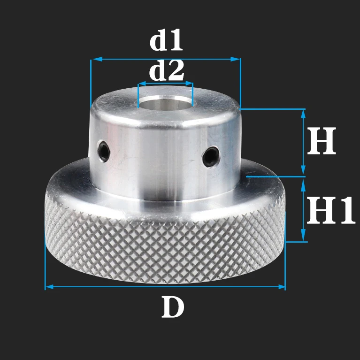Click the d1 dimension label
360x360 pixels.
click(x=166, y=41)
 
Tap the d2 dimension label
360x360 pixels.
click(x=167, y=71)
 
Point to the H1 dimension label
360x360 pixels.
click(x=330, y=211)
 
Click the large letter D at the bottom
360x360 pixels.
click(x=173, y=308)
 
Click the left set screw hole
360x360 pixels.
click(x=104, y=150)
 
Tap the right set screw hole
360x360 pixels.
click(x=212, y=155)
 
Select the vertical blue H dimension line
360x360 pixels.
click(x=304, y=141)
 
